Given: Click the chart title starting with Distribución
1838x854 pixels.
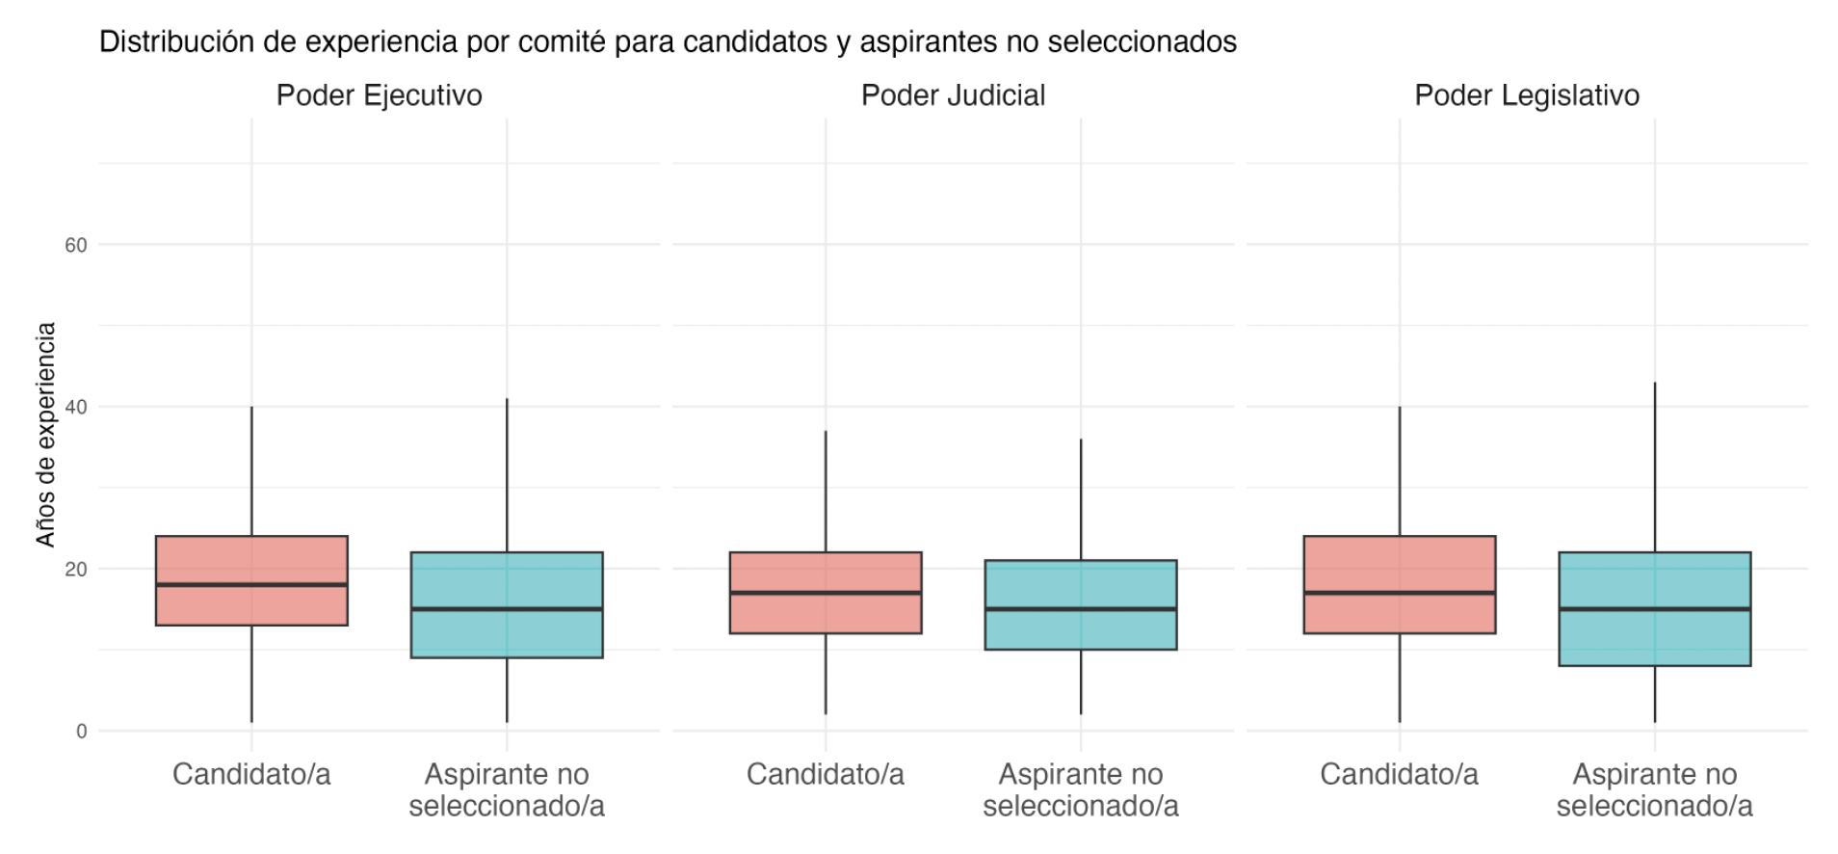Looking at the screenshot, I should click(x=668, y=42).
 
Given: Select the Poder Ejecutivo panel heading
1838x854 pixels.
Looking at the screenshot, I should click(x=379, y=95).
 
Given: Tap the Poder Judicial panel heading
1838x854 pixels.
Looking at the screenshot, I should click(x=953, y=95).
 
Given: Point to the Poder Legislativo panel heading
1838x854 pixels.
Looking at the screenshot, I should click(x=1527, y=95).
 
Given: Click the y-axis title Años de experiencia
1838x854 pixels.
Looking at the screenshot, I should click(x=45, y=435).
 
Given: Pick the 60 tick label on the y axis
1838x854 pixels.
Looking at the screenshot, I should click(x=76, y=245).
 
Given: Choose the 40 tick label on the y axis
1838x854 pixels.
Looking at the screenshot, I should click(x=76, y=407).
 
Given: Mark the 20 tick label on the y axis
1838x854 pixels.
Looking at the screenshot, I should click(x=76, y=569).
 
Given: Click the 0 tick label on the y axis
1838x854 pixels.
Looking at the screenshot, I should click(x=82, y=731).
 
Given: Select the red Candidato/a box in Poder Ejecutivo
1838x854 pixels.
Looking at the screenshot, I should click(x=251, y=559).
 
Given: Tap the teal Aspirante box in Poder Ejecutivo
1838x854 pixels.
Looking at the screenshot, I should click(x=507, y=636).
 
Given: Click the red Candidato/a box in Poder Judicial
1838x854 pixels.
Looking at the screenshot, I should click(x=826, y=617).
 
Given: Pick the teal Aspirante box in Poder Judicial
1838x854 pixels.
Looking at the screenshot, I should click(x=1081, y=631).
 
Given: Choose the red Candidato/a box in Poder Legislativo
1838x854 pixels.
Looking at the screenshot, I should click(x=1400, y=564).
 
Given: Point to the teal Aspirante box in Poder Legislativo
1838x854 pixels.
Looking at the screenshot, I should click(x=1655, y=641).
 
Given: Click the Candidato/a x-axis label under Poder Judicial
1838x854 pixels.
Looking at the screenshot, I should click(x=826, y=774).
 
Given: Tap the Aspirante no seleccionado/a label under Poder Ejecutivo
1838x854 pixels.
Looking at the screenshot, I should click(x=507, y=789).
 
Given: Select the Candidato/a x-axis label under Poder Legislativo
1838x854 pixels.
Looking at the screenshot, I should click(x=1399, y=774).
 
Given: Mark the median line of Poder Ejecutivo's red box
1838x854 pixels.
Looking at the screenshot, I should click(x=251, y=585).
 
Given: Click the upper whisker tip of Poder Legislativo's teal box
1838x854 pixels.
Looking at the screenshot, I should click(x=1655, y=384).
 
